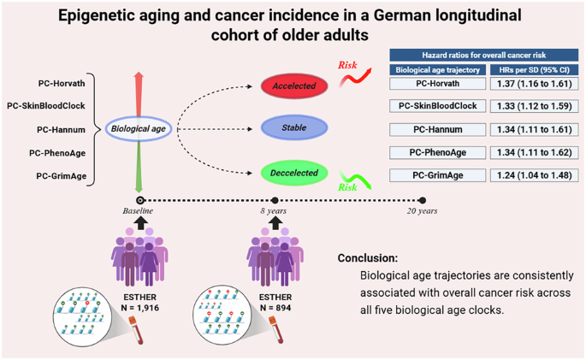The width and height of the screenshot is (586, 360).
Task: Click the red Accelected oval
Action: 294,86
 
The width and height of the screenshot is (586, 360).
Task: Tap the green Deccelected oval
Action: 294,174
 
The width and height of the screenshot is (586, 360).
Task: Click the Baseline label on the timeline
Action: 139,211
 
